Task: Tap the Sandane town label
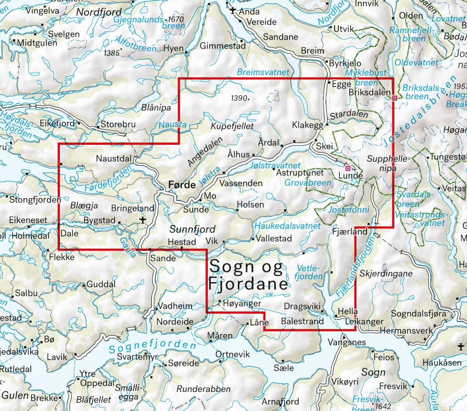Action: click(281, 37)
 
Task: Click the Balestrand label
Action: click(302, 321)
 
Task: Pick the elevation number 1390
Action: click(238, 98)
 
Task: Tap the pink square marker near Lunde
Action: click(348, 168)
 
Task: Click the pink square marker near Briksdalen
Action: click(395, 98)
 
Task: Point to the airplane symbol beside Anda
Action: click(233, 11)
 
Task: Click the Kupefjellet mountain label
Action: click(232, 126)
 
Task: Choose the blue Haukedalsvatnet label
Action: click(288, 226)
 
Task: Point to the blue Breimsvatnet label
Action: click(263, 72)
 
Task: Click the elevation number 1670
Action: click(174, 19)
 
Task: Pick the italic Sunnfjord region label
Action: click(192, 228)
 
